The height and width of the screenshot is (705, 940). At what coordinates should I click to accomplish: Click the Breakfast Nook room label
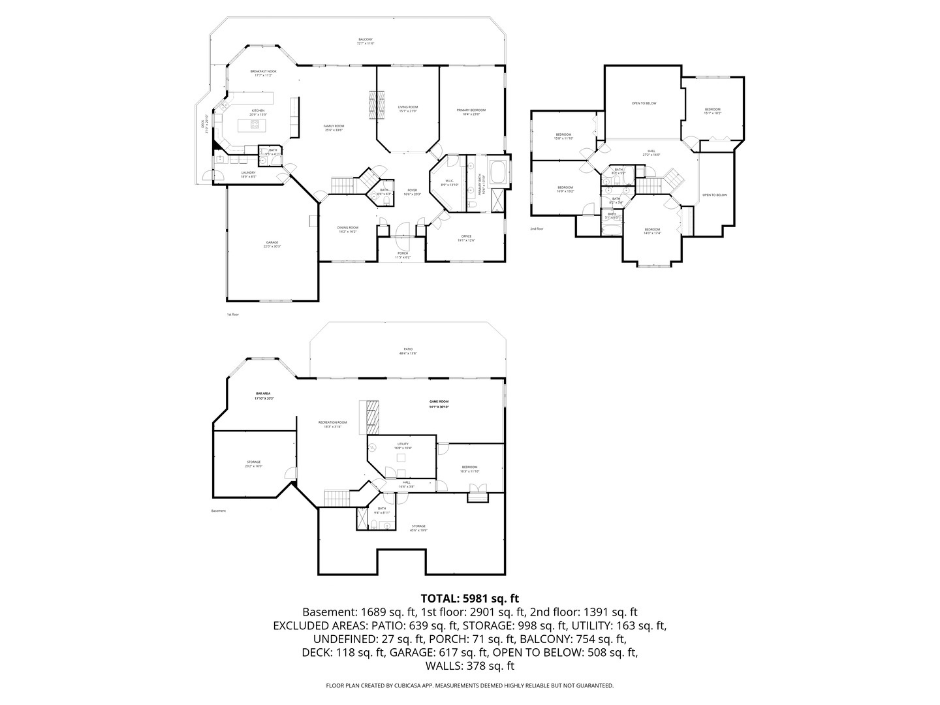[263, 71]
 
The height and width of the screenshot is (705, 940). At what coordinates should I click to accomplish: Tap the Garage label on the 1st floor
[272, 242]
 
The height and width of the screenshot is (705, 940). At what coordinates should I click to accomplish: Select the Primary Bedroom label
[471, 110]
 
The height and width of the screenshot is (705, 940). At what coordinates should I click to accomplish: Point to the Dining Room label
[347, 228]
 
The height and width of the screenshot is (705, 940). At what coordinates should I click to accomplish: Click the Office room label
[466, 236]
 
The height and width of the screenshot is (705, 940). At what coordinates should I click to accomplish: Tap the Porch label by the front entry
[403, 253]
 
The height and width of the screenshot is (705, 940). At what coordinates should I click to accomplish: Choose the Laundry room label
[248, 173]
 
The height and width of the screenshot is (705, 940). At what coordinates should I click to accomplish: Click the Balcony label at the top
[366, 40]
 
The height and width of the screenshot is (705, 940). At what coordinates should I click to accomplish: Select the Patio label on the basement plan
[408, 349]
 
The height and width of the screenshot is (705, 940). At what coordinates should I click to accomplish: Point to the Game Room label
[439, 401]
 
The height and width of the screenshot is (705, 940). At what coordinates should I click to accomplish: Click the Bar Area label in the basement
[263, 394]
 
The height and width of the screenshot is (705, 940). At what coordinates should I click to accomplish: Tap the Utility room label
[403, 445]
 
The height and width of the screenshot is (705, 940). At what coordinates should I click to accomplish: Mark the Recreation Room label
[332, 422]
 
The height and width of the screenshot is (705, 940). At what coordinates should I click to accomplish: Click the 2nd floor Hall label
[651, 151]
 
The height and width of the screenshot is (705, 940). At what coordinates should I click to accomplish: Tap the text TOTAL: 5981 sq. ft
[470, 598]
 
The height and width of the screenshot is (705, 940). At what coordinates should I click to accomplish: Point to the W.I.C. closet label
[450, 181]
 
